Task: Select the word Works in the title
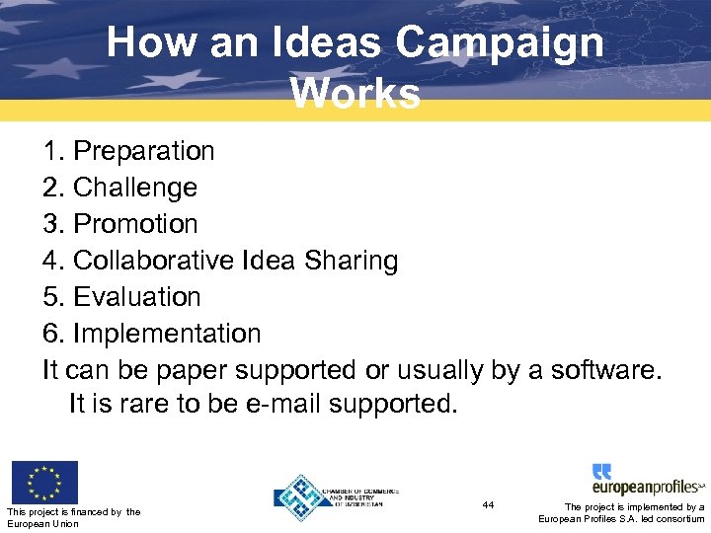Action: [x=355, y=94]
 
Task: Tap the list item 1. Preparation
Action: [x=128, y=151]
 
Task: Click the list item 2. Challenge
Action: [x=119, y=188]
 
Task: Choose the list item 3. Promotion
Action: [x=119, y=224]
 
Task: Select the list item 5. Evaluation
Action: [x=121, y=297]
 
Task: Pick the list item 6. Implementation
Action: [x=151, y=334]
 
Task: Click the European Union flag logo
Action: [x=44, y=482]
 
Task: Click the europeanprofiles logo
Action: [x=648, y=481]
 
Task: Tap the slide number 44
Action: [x=488, y=504]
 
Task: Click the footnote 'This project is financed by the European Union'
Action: [x=73, y=517]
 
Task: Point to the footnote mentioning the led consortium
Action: [x=621, y=513]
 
